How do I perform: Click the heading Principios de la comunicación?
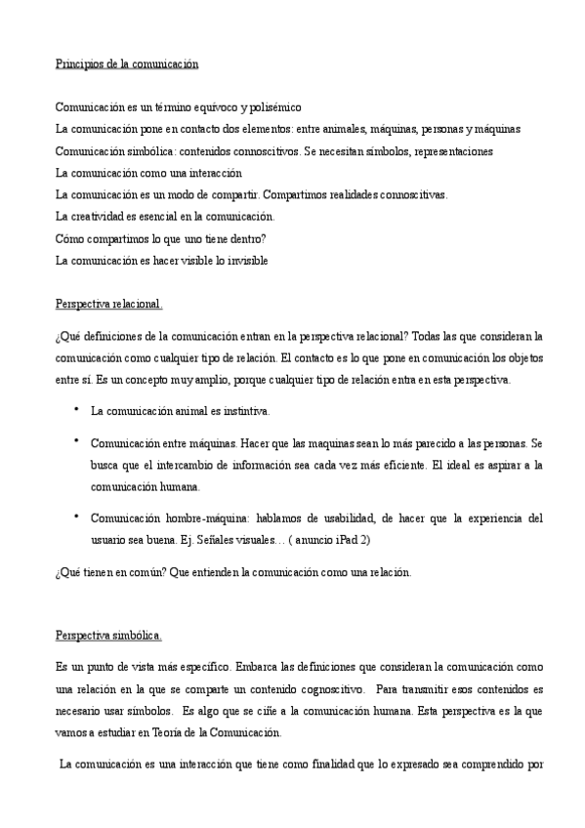click(126, 63)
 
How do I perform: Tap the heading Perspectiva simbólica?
click(108, 636)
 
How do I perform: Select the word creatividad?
click(103, 216)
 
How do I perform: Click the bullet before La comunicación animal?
click(75, 409)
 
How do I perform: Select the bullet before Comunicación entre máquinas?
click(75, 440)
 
